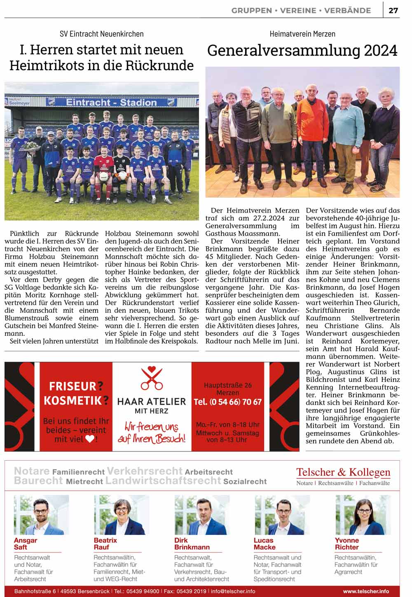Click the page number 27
(393, 10)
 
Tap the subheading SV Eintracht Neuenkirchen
(101, 34)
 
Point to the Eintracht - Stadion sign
(111, 102)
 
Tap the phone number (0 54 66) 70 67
(227, 402)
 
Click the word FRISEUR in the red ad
(73, 386)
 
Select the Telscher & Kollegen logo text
(343, 472)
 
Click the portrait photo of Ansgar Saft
(41, 515)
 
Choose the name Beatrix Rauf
(105, 543)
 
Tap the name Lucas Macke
(265, 543)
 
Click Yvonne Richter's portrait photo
(363, 515)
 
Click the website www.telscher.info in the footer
(366, 591)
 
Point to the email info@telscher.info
(233, 591)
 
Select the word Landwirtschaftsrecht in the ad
(163, 480)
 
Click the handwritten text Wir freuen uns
(152, 427)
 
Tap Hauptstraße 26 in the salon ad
(227, 385)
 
